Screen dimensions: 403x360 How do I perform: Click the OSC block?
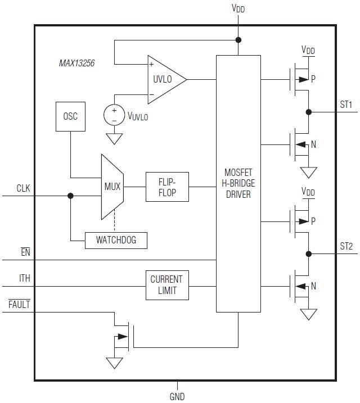click(70, 117)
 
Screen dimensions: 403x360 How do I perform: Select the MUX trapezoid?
click(112, 187)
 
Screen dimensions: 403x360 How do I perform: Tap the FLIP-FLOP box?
click(167, 187)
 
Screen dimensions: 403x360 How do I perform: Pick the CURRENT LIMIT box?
click(167, 285)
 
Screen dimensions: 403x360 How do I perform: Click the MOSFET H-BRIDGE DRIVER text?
click(238, 183)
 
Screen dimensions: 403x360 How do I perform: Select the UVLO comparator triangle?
click(164, 79)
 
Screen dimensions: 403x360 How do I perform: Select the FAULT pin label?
click(19, 305)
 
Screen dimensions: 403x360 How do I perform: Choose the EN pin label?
click(25, 252)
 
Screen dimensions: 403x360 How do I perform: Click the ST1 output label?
click(346, 104)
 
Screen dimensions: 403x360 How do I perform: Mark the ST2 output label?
click(346, 246)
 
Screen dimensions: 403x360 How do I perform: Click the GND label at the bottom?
click(177, 396)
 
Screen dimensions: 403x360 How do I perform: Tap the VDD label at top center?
click(238, 8)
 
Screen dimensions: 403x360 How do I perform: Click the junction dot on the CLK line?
click(70, 196)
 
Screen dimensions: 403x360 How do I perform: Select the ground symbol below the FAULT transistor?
click(115, 363)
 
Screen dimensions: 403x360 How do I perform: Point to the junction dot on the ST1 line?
click(308, 112)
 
